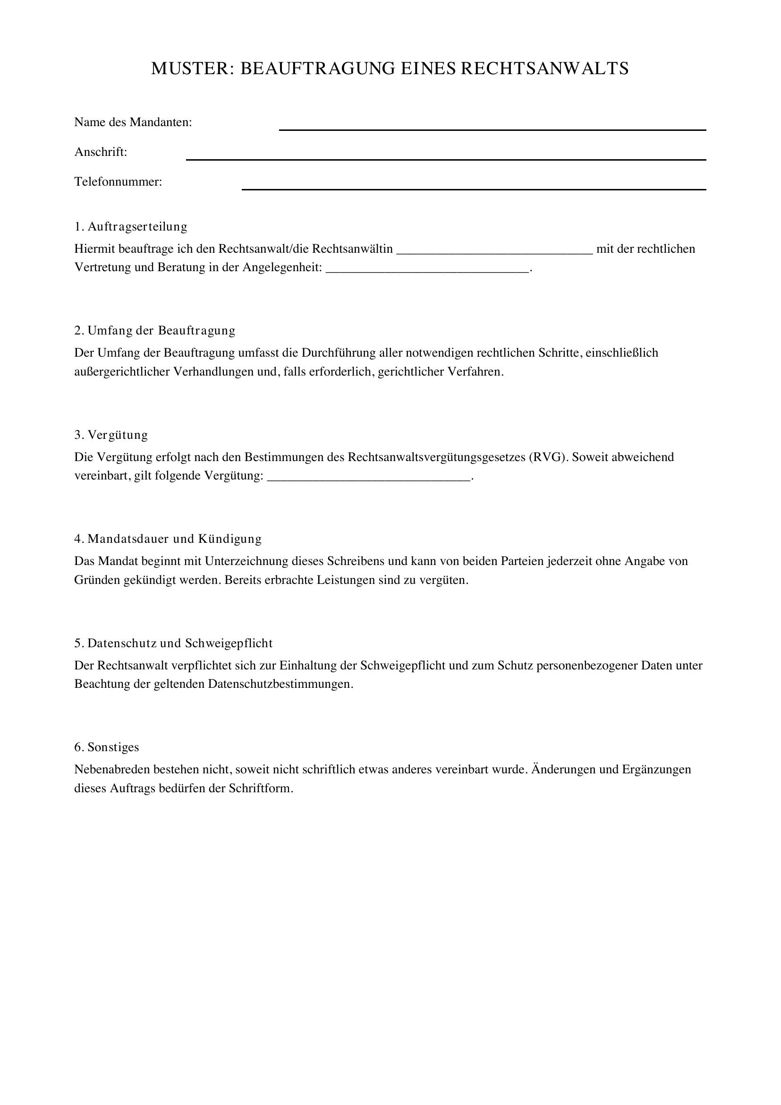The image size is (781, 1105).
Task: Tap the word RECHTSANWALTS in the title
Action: click(x=544, y=69)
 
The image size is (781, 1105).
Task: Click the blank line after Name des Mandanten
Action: click(x=492, y=128)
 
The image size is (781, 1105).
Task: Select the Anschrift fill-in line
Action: click(x=446, y=157)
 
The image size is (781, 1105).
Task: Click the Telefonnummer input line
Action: click(x=474, y=187)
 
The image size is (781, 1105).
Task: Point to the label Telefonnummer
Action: click(x=118, y=182)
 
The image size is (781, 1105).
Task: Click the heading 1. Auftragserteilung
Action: click(x=131, y=226)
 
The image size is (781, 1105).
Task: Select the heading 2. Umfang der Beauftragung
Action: click(x=155, y=331)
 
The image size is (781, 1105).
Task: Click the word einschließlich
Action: click(x=621, y=353)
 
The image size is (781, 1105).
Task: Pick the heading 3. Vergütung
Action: click(x=111, y=435)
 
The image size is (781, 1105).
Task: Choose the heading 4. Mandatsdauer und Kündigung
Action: click(x=168, y=539)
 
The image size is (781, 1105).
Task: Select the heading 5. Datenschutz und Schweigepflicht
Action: click(x=173, y=643)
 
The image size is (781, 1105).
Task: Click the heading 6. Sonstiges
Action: click(x=106, y=747)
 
